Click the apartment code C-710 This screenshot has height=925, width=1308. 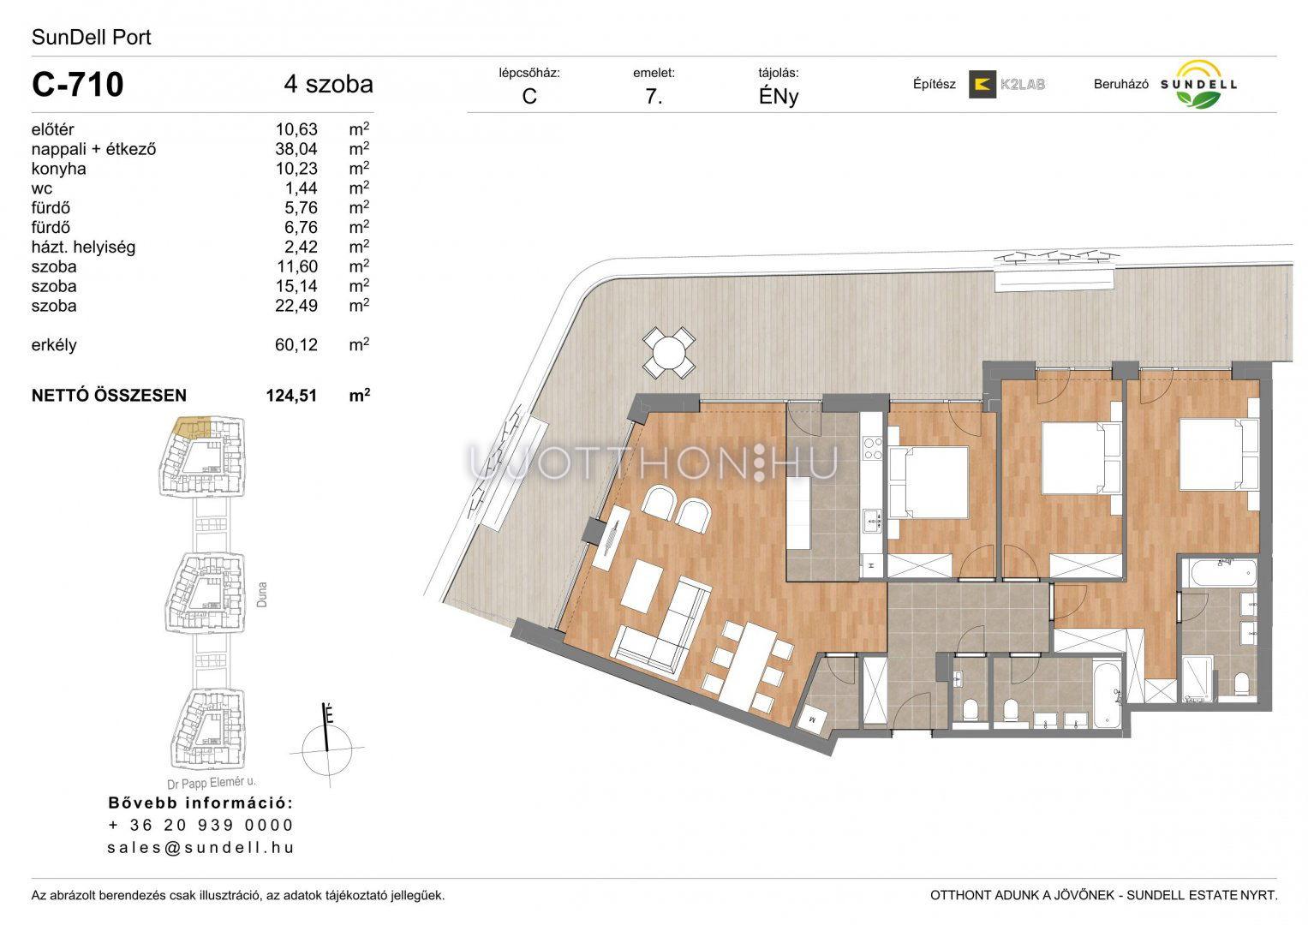[x=78, y=84]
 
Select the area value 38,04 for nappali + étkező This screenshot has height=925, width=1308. [x=296, y=149]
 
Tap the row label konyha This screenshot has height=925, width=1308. [x=58, y=169]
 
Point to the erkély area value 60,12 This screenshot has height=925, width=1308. [x=296, y=344]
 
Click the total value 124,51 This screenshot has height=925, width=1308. [x=291, y=396]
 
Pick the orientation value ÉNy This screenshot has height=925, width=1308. [x=779, y=96]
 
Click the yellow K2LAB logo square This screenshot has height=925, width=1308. [x=982, y=84]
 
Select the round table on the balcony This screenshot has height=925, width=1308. [x=669, y=353]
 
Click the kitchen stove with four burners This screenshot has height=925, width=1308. [x=873, y=449]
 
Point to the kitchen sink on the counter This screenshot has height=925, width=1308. [x=873, y=521]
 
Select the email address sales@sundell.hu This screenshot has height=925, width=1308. [x=201, y=847]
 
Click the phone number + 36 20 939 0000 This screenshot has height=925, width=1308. [x=201, y=825]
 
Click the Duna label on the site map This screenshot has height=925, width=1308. [x=261, y=594]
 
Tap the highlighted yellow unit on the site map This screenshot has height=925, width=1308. [x=192, y=427]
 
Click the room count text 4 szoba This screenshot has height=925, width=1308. [x=329, y=84]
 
